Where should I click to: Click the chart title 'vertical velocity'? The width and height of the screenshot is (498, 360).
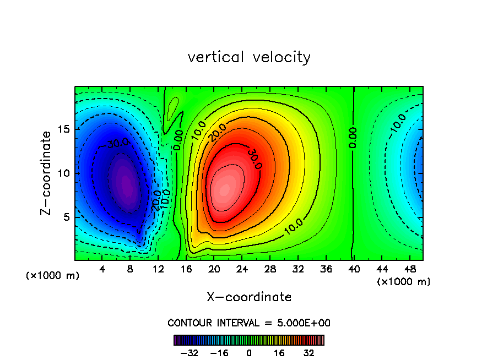pos(249,57)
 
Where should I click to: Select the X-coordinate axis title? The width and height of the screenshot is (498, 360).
pos(249,297)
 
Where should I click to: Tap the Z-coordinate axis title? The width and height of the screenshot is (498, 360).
pos(48,173)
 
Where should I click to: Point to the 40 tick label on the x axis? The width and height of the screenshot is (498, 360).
pos(353,269)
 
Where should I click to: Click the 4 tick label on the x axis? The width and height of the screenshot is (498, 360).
pos(102,269)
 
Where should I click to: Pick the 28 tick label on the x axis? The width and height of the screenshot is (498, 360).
pos(270,269)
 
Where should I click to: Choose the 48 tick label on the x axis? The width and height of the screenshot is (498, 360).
pos(409,269)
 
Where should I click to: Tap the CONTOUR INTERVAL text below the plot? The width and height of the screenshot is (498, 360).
pos(249,323)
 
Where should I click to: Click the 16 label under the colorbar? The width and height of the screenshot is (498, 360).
pos(280,353)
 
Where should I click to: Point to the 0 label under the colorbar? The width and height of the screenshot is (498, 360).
pos(249,353)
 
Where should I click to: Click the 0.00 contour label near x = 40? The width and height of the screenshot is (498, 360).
pos(353,138)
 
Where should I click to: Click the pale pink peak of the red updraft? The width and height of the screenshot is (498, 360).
pos(224,189)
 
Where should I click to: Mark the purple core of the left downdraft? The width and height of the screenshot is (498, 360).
pos(126,184)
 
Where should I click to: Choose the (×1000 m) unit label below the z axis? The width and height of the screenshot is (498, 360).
pos(53,276)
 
